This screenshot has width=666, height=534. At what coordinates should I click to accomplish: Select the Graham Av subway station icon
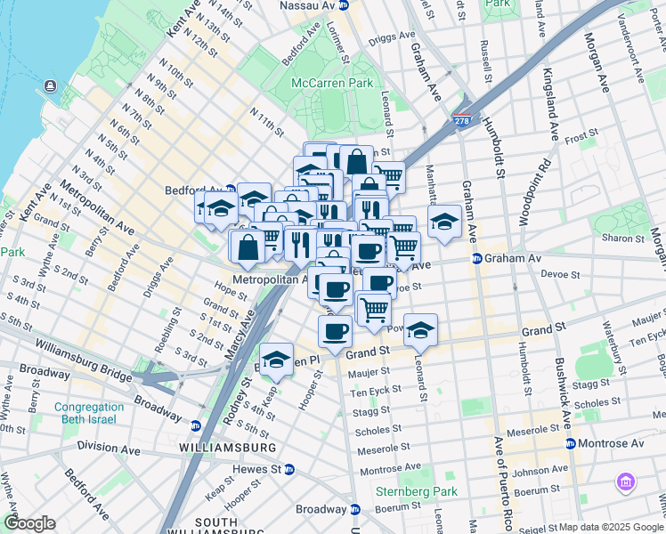pyautogui.click(x=476, y=259)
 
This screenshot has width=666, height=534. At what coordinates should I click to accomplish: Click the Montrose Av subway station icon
pyautogui.click(x=570, y=442)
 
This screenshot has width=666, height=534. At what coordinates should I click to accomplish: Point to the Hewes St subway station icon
pyautogui.click(x=288, y=469)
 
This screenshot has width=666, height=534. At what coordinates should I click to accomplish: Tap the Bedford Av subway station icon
pyautogui.click(x=230, y=190)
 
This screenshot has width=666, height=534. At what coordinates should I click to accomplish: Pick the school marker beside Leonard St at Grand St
pyautogui.click(x=421, y=328)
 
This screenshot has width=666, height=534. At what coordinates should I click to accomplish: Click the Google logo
pyautogui.click(x=29, y=523)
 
